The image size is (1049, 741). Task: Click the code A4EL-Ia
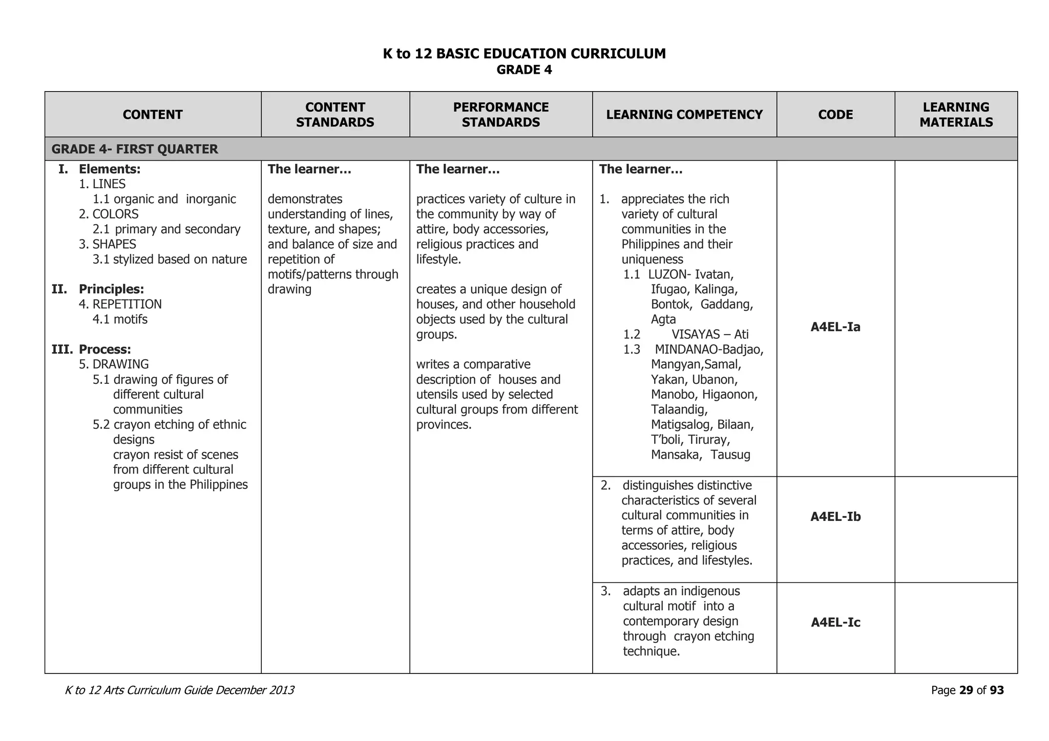click(x=835, y=327)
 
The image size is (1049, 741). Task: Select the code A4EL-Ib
click(x=835, y=517)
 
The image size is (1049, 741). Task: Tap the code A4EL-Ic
click(x=835, y=623)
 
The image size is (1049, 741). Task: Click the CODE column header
click(x=835, y=115)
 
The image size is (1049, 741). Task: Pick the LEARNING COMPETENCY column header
click(x=684, y=115)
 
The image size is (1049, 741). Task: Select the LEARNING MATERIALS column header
click(x=956, y=115)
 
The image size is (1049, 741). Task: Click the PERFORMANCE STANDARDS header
click(x=500, y=115)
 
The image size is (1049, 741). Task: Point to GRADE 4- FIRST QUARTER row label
click(x=135, y=149)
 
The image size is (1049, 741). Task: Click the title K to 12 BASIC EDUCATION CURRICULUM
click(x=524, y=54)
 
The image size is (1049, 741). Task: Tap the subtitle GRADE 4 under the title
click(x=524, y=70)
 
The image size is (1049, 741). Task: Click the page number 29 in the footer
click(x=966, y=690)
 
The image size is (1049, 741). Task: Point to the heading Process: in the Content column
click(x=104, y=350)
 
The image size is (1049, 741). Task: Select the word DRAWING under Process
click(x=120, y=364)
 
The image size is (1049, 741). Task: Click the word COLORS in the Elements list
click(x=115, y=214)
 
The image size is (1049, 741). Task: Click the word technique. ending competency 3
click(x=651, y=651)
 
